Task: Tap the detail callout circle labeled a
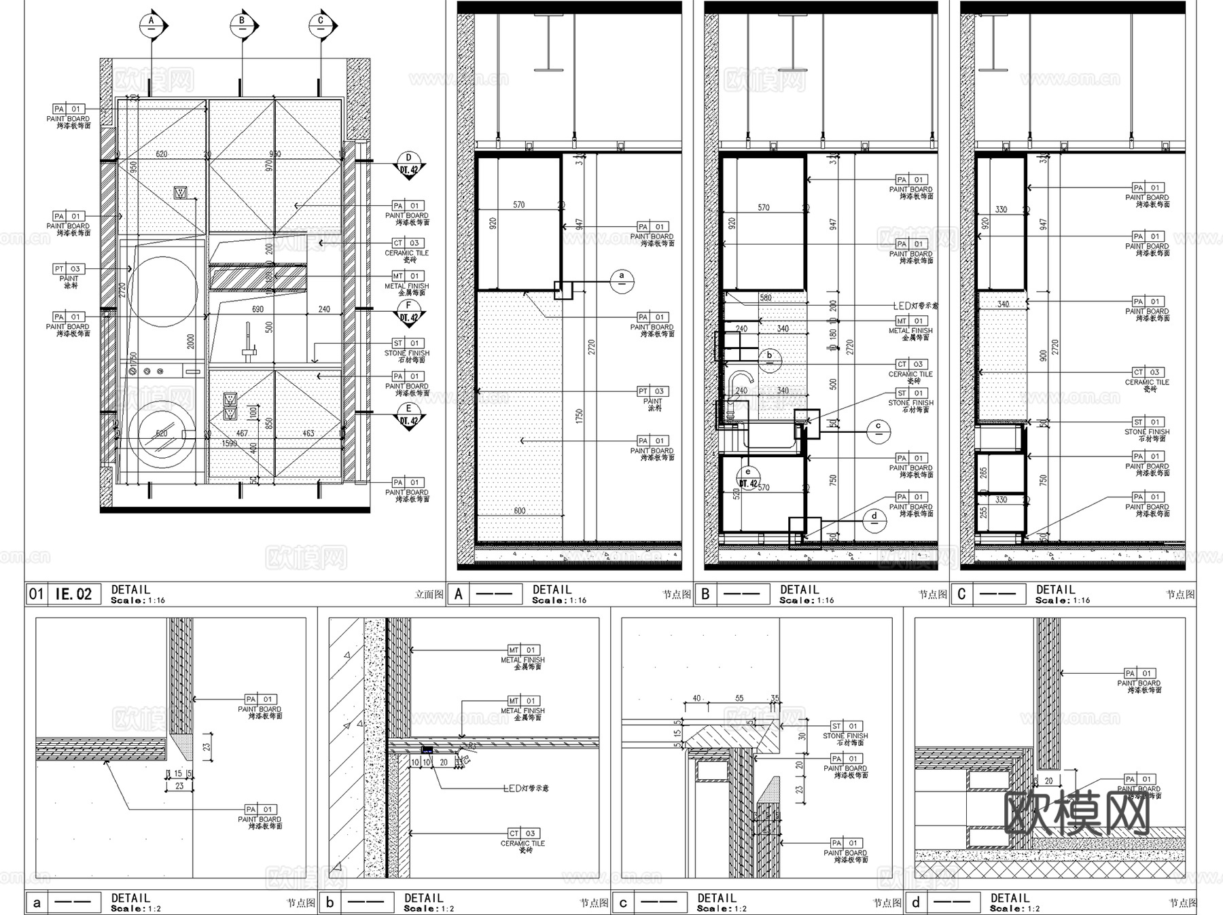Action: tap(622, 280)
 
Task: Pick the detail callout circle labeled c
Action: tap(879, 429)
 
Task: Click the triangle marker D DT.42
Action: tap(408, 165)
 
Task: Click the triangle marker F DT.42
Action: tap(408, 312)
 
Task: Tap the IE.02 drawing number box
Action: tap(73, 594)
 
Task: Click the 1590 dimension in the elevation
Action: tap(230, 444)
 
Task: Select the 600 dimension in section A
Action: tap(519, 511)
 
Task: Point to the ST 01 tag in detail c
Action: tap(845, 726)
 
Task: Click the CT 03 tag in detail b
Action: tap(523, 833)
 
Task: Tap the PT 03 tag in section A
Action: tap(652, 391)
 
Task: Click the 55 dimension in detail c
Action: tap(739, 698)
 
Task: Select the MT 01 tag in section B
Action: tap(910, 321)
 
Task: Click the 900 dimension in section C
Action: tap(1043, 356)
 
